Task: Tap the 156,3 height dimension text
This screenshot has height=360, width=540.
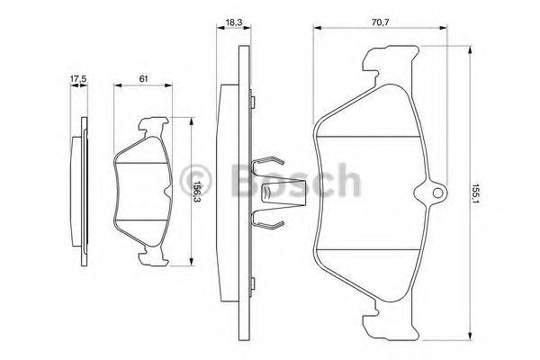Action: point(197,195)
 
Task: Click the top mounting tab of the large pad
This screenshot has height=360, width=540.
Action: point(388,66)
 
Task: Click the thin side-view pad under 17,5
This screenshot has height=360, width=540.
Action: point(83,193)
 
